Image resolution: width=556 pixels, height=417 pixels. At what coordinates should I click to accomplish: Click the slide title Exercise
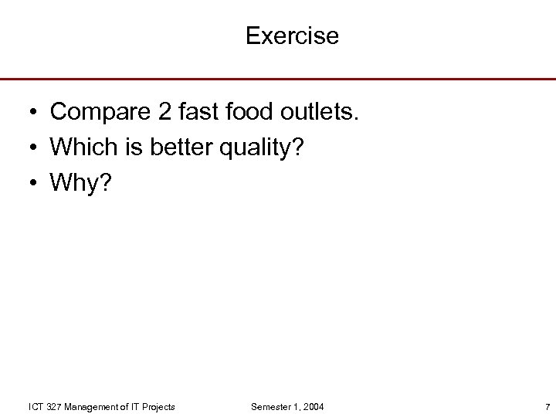coord(292,36)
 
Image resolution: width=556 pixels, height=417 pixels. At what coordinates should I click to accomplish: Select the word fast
coord(200,113)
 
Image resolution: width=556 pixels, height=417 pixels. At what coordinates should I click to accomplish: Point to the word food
coord(253,113)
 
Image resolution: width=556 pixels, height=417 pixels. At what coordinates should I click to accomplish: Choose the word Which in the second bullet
coord(80,147)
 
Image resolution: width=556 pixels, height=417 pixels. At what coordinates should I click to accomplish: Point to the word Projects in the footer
coord(158,406)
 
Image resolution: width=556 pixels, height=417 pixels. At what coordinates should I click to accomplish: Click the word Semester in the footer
coord(270,406)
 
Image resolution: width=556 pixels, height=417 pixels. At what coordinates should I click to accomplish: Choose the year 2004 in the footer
coord(314,406)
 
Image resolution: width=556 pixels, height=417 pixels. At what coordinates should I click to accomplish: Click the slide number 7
coord(546,406)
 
